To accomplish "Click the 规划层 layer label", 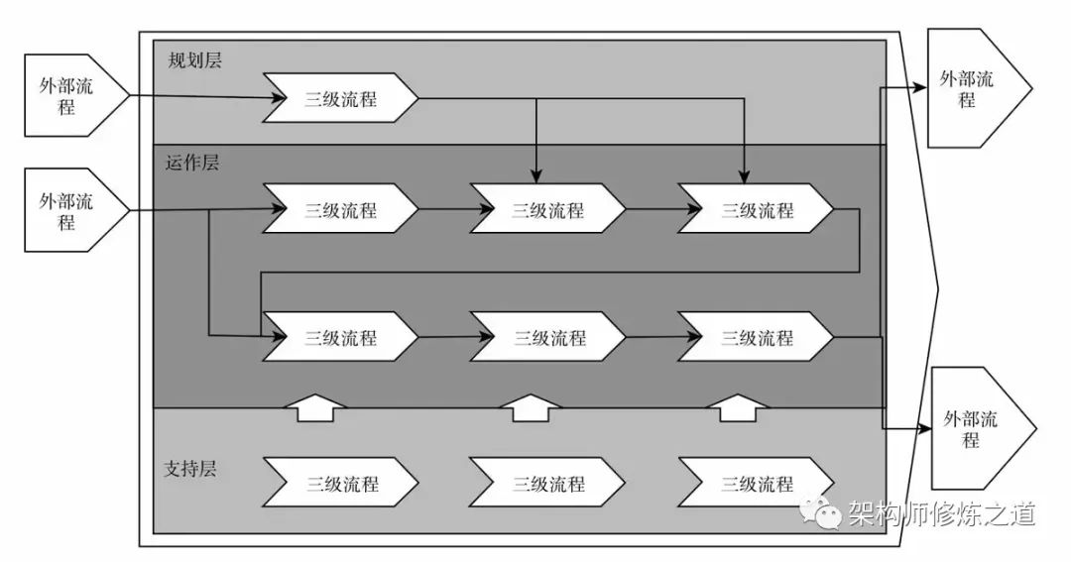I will (193, 59).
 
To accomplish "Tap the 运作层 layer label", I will (192, 164).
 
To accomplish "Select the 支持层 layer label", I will (189, 468).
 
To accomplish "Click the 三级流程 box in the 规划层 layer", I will (340, 98).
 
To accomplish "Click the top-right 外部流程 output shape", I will (971, 88).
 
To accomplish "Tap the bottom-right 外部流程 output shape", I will (975, 427).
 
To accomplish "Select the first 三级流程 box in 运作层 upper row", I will (340, 210).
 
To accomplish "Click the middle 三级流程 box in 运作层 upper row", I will (547, 210).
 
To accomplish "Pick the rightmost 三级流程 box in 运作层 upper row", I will (757, 210).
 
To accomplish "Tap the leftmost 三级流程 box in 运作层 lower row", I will (340, 337).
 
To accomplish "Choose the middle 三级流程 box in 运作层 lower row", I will (547, 337).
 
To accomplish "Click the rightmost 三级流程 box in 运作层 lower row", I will (757, 337).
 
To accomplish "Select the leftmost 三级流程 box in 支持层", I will (340, 484).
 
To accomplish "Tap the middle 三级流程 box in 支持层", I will (547, 484).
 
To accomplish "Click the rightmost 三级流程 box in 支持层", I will (757, 484).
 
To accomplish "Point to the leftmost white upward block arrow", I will (315, 406).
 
